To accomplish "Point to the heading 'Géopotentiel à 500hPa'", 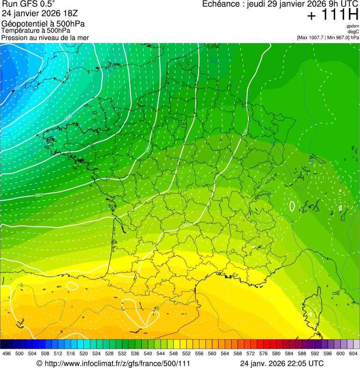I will coord(43,23).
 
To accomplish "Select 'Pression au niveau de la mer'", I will coord(45,37).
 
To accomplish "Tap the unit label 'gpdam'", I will coord(353,26).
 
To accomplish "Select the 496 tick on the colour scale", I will coord(7,353).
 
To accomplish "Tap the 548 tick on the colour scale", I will coord(173,353).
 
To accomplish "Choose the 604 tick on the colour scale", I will coord(353,353).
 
